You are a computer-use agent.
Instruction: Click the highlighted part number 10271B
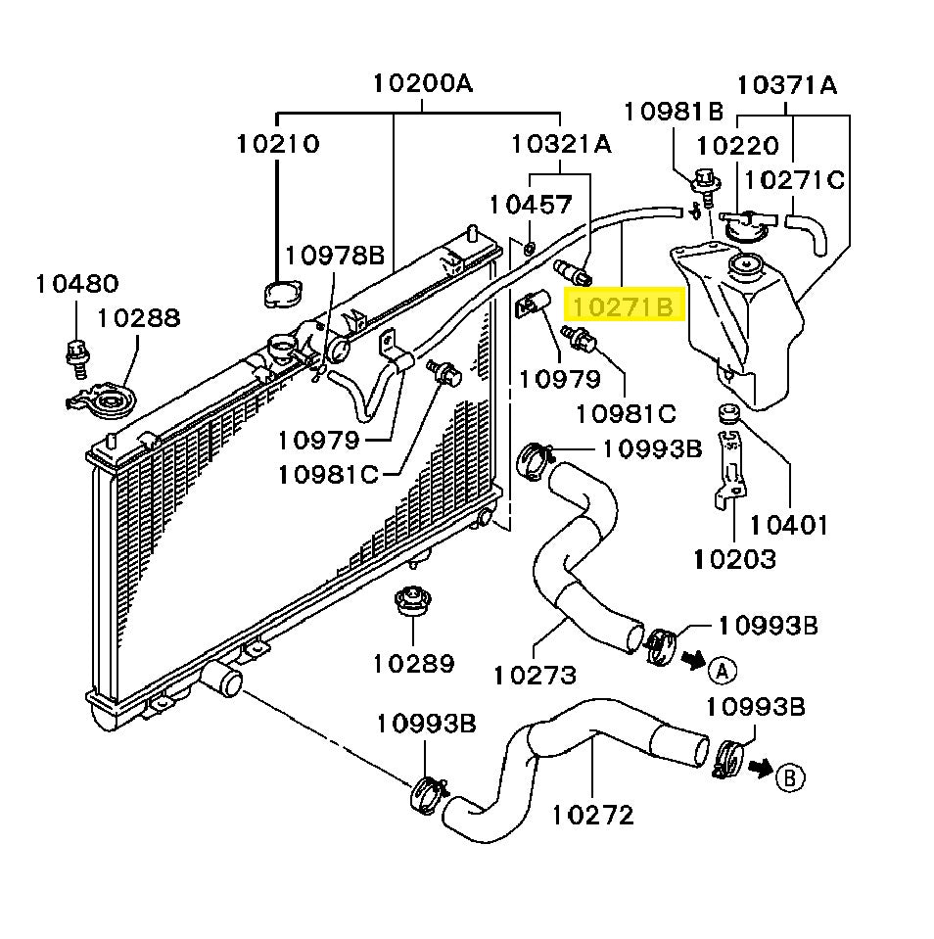(x=623, y=307)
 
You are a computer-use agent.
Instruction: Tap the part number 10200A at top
(x=422, y=83)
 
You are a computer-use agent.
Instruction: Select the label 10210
(x=277, y=143)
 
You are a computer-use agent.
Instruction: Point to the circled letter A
(x=722, y=670)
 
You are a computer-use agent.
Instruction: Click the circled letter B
(x=790, y=777)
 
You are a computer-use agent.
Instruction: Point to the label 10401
(x=789, y=525)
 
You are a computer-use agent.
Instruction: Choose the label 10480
(x=76, y=284)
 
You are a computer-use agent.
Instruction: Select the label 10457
(x=531, y=205)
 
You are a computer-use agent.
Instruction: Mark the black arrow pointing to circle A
(x=693, y=661)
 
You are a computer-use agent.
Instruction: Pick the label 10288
(x=138, y=317)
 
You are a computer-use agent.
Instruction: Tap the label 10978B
(x=335, y=256)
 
